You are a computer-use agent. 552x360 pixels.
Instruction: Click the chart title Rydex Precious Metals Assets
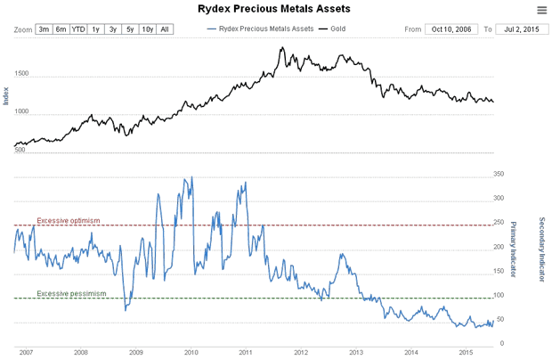click(273, 9)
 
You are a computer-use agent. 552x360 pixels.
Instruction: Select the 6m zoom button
click(61, 29)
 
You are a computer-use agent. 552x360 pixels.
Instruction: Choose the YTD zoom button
click(78, 29)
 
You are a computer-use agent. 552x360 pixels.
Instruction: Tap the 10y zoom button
click(148, 29)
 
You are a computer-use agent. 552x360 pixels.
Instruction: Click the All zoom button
click(166, 29)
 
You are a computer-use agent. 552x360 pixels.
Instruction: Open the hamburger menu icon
click(542, 10)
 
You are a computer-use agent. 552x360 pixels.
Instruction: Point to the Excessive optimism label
click(69, 220)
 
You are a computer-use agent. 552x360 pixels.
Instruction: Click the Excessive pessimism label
click(71, 293)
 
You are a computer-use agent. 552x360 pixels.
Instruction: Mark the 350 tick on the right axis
click(499, 175)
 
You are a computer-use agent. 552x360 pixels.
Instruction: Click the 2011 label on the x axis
click(245, 353)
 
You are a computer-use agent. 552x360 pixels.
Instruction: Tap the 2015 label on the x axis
click(465, 353)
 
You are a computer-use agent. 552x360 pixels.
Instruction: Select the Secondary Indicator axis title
click(541, 250)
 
